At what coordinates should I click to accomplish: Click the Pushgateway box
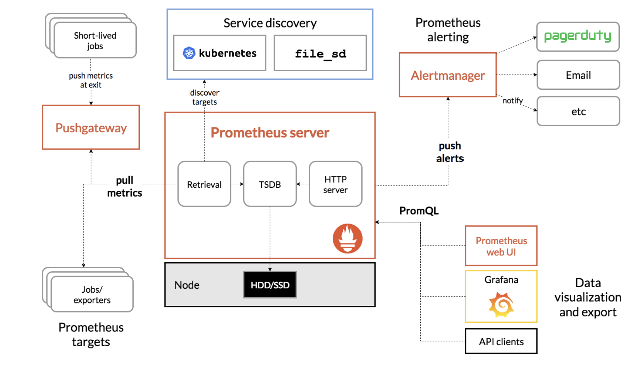91,127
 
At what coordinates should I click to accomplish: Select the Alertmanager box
448,75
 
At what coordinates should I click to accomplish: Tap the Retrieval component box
204,184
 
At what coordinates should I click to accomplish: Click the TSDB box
270,184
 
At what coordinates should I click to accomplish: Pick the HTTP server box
335,184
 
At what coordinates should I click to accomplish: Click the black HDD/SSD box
270,285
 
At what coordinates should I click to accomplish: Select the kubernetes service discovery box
220,53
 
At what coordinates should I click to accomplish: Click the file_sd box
320,53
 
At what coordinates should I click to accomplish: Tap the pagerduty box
578,37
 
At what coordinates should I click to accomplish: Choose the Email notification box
578,75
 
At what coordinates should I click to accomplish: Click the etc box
578,111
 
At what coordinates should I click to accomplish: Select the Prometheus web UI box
501,246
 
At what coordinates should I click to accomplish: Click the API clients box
501,341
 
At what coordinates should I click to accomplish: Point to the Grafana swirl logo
501,305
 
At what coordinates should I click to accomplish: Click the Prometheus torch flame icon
347,238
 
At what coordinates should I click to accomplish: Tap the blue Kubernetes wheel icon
189,53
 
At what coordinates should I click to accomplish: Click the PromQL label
419,211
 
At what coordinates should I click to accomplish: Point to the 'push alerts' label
450,152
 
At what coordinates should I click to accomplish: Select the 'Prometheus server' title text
270,133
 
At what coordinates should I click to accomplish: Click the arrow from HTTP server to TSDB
303,184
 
